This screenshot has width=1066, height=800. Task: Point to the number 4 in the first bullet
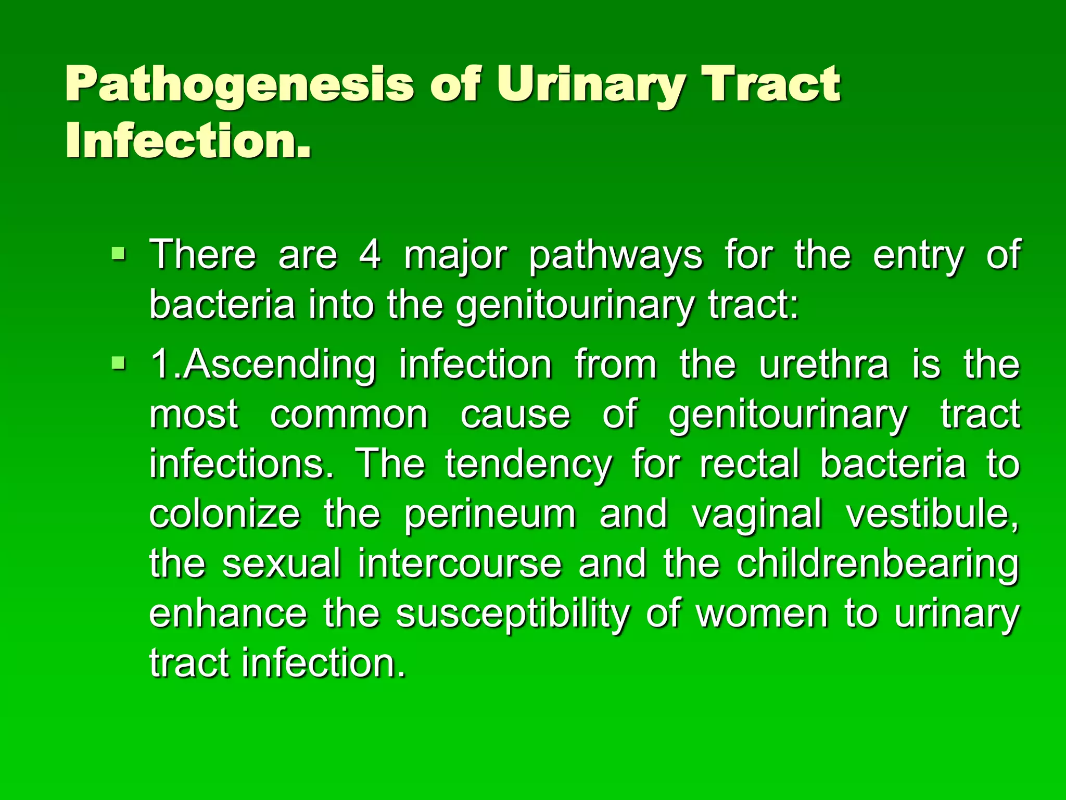[370, 255]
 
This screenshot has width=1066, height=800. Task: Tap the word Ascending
[279, 365]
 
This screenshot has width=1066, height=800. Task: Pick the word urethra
[824, 364]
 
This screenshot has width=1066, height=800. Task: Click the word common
[349, 415]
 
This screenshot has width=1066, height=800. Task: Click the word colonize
[224, 514]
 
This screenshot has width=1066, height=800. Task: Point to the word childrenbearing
[877, 564]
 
